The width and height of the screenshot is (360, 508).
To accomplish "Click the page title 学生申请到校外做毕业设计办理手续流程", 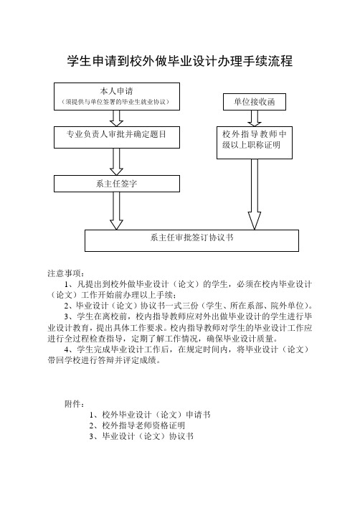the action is coord(180,61).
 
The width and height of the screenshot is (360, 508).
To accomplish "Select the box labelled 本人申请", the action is coord(117,97).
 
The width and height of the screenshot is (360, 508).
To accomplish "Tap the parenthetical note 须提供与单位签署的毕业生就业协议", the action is coord(116,102).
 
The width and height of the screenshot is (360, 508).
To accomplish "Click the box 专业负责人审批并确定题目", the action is coord(117,137).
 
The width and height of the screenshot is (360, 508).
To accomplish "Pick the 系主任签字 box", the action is coord(117,184).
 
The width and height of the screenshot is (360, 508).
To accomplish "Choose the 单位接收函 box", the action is coord(255,102).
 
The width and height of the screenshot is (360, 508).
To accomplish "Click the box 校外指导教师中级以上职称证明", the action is coord(255,143).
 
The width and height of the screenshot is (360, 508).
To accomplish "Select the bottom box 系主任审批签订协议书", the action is coord(191,240).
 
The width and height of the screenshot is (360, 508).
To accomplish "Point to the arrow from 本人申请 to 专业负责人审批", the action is coord(117,118).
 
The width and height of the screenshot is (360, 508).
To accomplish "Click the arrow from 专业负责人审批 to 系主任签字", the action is coord(117,161).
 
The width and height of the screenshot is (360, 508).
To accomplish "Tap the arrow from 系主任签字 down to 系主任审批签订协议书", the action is coord(117,211).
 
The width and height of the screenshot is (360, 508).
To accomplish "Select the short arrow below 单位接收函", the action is coord(255,118).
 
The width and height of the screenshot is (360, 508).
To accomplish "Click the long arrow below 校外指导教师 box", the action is coord(255,194).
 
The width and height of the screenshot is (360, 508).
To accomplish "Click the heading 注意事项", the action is coord(66,273).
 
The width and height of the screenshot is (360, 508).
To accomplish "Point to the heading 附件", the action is coord(75,404).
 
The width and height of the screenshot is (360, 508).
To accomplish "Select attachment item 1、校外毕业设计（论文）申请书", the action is coord(150,415).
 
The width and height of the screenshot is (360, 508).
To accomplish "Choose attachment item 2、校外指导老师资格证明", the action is coord(137,425).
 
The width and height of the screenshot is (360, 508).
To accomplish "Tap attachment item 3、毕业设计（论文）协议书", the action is coord(141,436).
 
